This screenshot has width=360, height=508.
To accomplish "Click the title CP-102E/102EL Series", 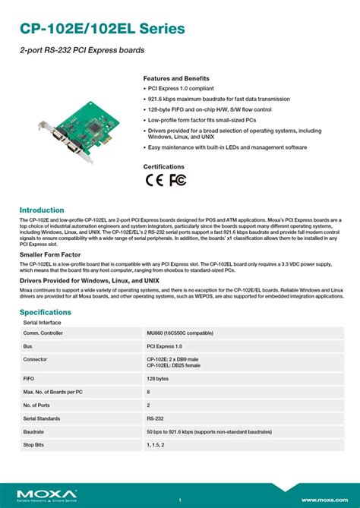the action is [103, 29].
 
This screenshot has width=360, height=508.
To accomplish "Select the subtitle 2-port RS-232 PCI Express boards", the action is [82, 50].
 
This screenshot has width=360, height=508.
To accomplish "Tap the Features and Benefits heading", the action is [176, 79].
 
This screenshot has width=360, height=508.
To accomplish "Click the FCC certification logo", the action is [178, 180].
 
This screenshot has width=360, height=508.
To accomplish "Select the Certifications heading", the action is [163, 166].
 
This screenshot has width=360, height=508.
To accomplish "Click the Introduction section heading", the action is [42, 210].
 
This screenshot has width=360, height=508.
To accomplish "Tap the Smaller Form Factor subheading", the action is [50, 256].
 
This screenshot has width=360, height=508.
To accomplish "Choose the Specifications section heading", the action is [46, 312].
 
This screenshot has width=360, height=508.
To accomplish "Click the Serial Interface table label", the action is [43, 323].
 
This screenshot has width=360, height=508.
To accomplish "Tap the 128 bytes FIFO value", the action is [157, 377].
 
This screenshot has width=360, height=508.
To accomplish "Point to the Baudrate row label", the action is [34, 432].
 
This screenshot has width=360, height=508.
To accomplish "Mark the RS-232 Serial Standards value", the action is [155, 418].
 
